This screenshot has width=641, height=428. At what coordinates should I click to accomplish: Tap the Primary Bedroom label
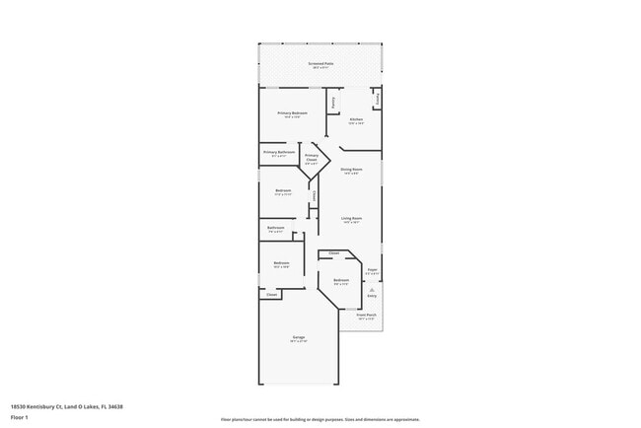click(x=293, y=114)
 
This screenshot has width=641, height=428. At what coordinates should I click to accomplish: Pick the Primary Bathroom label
click(x=279, y=153)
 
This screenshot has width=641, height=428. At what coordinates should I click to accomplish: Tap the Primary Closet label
click(x=312, y=159)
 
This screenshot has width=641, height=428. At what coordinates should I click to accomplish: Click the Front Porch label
click(x=367, y=317)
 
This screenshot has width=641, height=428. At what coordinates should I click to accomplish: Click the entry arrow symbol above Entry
click(x=372, y=289)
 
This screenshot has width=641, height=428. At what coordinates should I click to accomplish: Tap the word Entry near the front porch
click(x=372, y=296)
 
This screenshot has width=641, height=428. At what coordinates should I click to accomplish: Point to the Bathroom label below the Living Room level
click(x=275, y=229)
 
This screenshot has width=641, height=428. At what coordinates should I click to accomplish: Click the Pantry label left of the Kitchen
click(x=333, y=101)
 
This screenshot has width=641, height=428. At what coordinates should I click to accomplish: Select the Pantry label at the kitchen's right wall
click(x=378, y=99)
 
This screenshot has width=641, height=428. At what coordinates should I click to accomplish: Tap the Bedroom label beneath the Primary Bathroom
click(x=283, y=192)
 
